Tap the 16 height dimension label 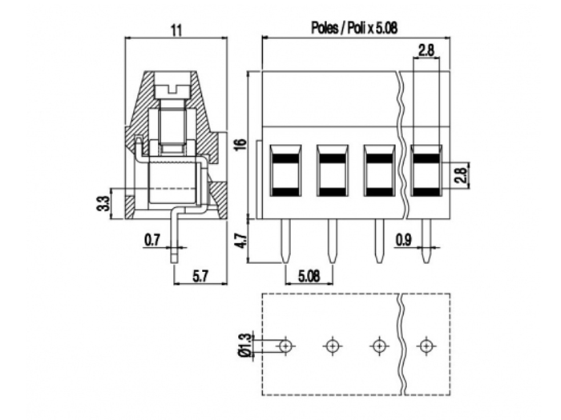click(x=239, y=144)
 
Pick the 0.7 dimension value click(x=152, y=238)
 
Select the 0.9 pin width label click(x=405, y=238)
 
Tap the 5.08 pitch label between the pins click(x=310, y=274)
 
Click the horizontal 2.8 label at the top click(x=426, y=50)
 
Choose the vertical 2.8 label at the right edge click(x=460, y=175)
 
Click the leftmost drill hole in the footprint click(x=285, y=346)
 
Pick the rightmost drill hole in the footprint click(x=426, y=346)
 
